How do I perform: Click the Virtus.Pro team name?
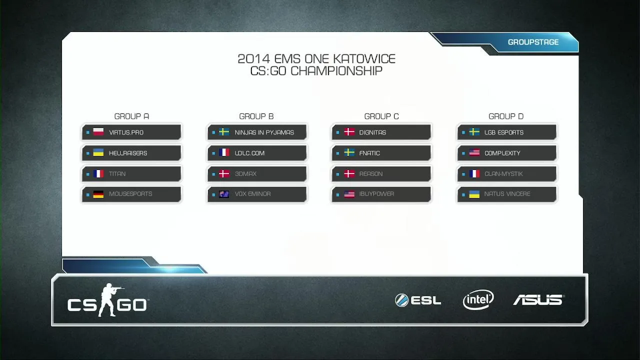click(126, 132)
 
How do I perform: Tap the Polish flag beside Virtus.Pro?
click(98, 132)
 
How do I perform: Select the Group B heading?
click(256, 116)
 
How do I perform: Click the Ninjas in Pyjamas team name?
click(264, 132)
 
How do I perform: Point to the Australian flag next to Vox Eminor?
click(224, 194)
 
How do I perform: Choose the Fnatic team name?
click(369, 153)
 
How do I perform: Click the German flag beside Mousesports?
click(98, 194)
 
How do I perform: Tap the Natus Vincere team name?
click(507, 193)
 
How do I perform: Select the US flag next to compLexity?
click(474, 153)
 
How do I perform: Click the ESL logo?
click(418, 300)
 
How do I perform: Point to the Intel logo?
click(478, 299)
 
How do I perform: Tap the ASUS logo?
click(538, 300)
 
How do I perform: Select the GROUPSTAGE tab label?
click(533, 42)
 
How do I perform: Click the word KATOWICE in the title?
click(364, 59)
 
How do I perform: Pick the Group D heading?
click(506, 116)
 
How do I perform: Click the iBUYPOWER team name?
click(376, 193)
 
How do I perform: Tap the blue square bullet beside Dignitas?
click(337, 132)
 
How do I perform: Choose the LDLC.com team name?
click(249, 153)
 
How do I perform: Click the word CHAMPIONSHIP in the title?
click(336, 71)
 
